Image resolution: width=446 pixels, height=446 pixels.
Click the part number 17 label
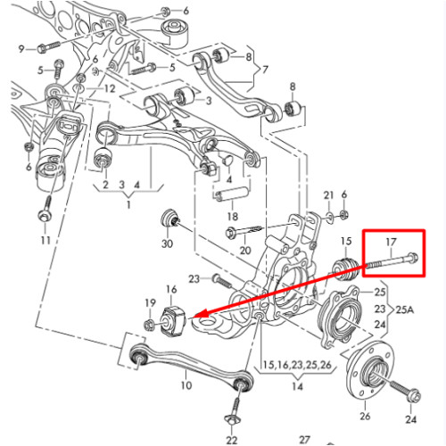coord(391,242)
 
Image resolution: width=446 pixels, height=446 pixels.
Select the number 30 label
coord(167,244)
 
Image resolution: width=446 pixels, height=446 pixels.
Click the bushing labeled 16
coord(172,322)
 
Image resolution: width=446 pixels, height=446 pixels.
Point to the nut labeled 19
coord(148,325)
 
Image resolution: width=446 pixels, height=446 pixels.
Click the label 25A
coord(405,310)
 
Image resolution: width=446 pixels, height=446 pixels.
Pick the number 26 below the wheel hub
coord(365,416)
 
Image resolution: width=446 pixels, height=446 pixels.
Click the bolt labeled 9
coord(49,47)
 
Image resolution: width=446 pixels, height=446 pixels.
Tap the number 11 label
coord(45,240)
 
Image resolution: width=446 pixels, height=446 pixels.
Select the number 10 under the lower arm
coord(186,385)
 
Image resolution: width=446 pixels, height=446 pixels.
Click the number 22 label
coord(232,440)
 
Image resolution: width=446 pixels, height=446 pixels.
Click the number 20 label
coord(245,251)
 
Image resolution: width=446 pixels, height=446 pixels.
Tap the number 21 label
coord(328,195)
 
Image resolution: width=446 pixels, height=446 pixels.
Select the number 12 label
coord(109,88)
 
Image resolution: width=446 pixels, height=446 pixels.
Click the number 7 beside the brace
coord(265,70)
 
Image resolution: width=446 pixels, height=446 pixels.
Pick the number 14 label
coord(297,386)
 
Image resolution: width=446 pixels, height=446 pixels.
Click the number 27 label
coord(304,440)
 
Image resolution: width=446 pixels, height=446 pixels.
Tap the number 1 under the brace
coord(128,204)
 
